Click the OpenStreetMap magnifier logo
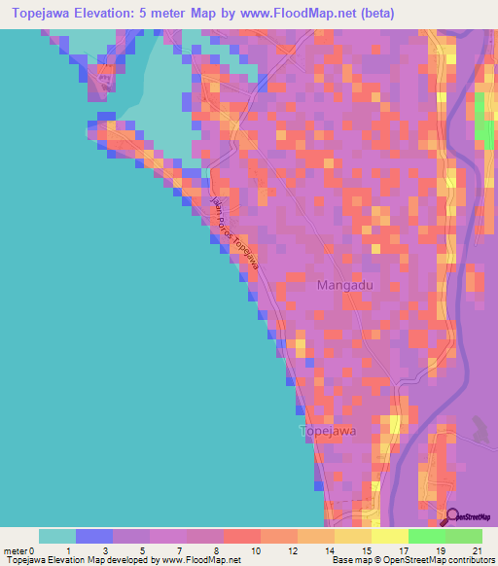(x=454, y=516)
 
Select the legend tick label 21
(x=478, y=550)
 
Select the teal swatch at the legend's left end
(x=56, y=536)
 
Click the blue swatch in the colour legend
(x=93, y=536)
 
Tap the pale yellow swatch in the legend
(x=390, y=536)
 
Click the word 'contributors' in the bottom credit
(x=469, y=561)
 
